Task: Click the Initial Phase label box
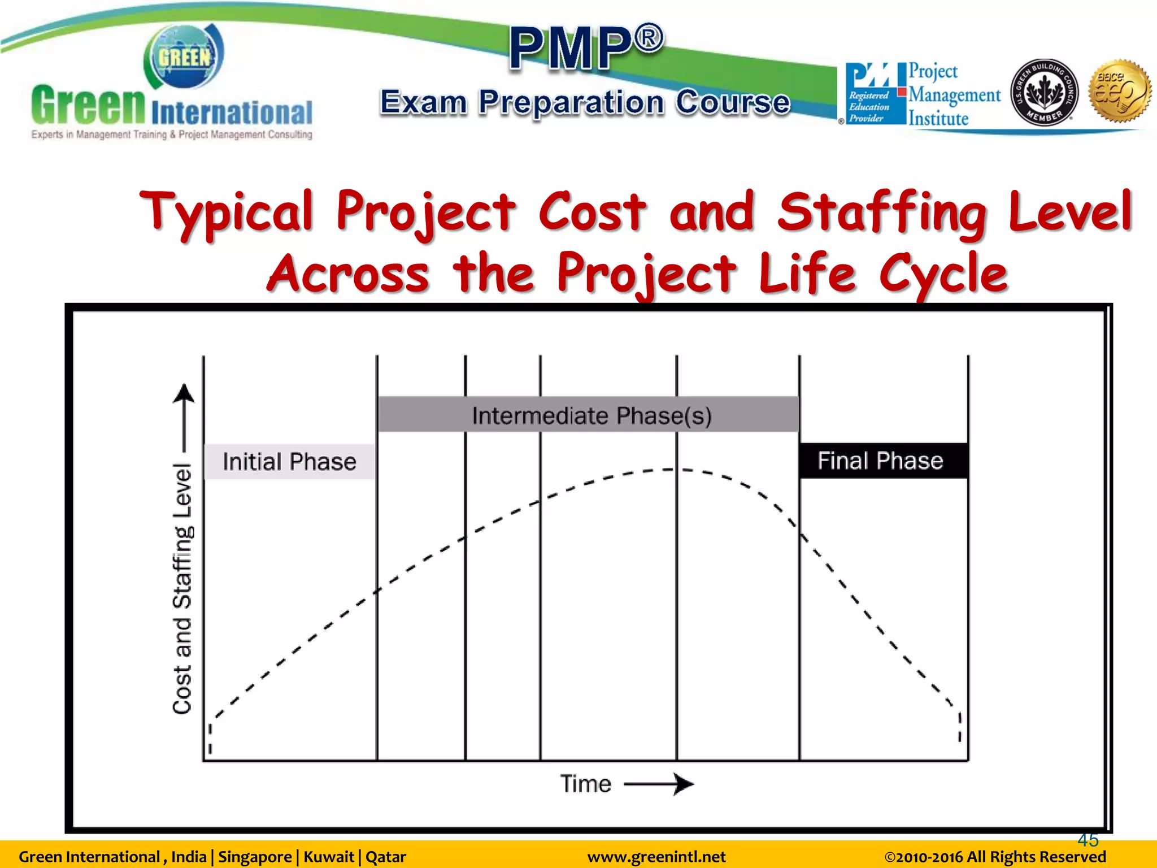point(289,462)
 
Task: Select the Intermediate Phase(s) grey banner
point(588,415)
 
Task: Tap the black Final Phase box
point(883,461)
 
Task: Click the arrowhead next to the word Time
point(684,784)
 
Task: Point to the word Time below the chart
point(585,784)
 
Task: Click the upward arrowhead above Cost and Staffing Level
point(184,393)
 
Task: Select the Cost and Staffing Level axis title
point(182,588)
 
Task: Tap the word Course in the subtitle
point(733,102)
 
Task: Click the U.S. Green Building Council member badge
point(1044,92)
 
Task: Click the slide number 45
point(1088,840)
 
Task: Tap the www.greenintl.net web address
point(656,857)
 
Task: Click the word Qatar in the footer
point(386,857)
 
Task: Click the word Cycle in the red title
point(943,275)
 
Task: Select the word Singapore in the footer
point(255,857)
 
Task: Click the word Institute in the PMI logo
point(938,119)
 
